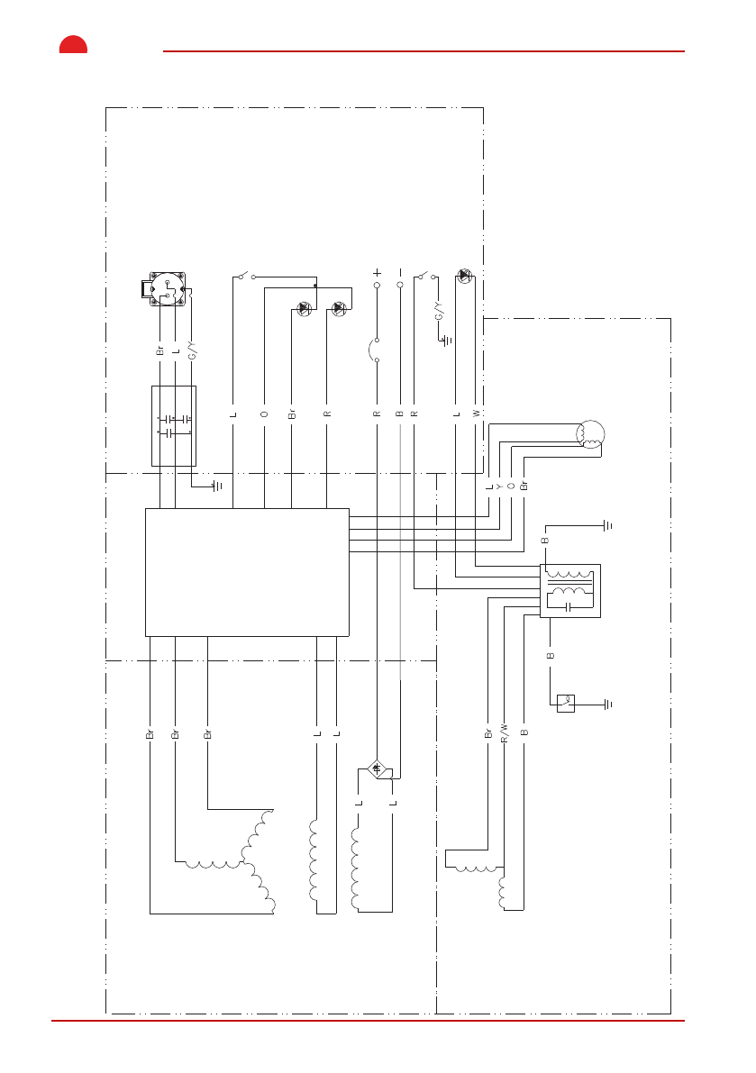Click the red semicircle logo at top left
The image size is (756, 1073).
(x=73, y=45)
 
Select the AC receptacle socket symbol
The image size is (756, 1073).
(x=168, y=290)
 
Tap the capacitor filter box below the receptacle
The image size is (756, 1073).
(x=173, y=426)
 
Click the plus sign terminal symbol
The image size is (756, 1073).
(x=377, y=272)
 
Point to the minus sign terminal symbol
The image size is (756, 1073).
(x=399, y=272)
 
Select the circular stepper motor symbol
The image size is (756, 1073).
(x=590, y=434)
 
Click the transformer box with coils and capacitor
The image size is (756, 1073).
(x=569, y=590)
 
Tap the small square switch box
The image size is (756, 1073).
(x=566, y=703)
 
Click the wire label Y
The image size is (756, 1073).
(x=499, y=486)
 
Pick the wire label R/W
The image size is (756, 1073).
(x=505, y=732)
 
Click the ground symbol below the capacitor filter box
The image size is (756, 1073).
(x=216, y=486)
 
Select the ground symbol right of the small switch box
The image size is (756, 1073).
(x=609, y=703)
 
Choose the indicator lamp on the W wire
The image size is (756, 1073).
(x=464, y=275)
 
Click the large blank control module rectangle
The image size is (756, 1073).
(x=247, y=572)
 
